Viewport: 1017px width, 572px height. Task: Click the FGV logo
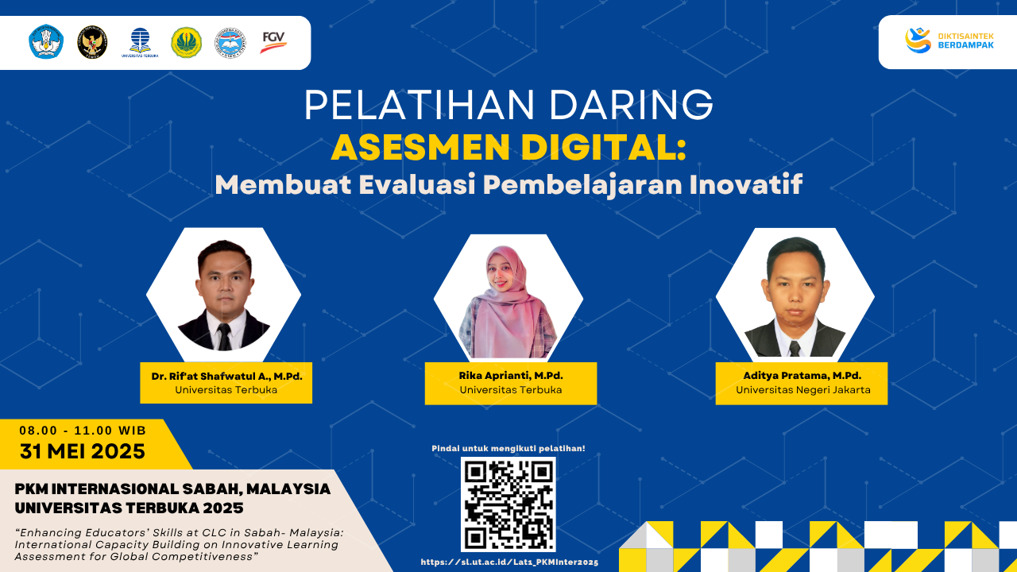273,41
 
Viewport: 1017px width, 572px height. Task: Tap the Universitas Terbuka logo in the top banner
140,42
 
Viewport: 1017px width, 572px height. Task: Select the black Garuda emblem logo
92,42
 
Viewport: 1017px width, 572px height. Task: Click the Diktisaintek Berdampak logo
949,41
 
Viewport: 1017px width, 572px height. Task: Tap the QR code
508,504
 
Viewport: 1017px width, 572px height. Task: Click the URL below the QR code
508,562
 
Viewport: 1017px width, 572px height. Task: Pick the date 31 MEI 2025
83,452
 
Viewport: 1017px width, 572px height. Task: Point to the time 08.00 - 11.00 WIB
83,431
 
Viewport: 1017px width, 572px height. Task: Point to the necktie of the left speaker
224,336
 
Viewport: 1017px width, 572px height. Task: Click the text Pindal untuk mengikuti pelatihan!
508,449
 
